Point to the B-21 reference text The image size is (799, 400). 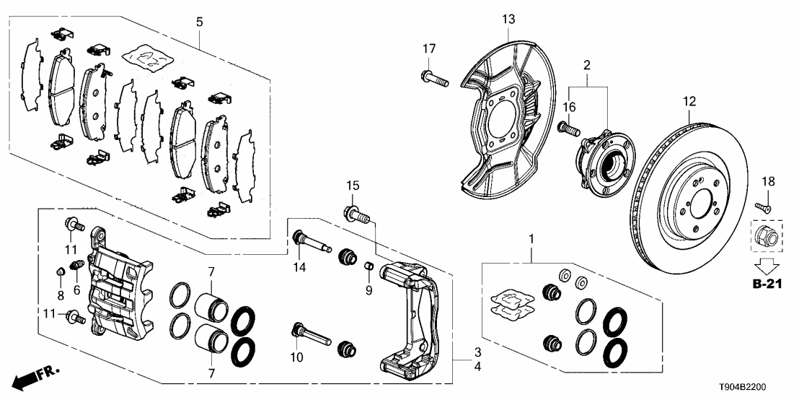(x=767, y=286)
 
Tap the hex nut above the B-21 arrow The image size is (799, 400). (x=766, y=235)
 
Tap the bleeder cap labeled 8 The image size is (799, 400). (x=61, y=272)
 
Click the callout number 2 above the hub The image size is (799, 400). (x=587, y=66)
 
